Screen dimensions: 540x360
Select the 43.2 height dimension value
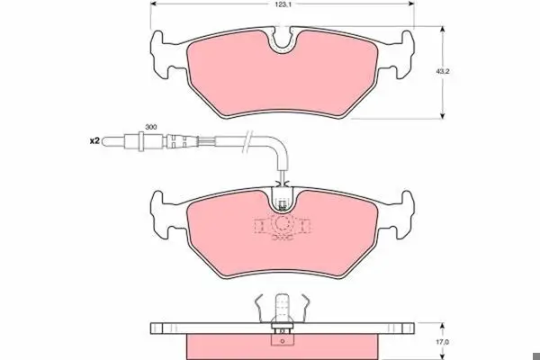click(x=443, y=72)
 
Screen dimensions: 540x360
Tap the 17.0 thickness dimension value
click(x=442, y=342)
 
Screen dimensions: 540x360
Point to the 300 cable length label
click(x=151, y=127)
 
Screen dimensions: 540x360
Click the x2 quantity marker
click(x=94, y=141)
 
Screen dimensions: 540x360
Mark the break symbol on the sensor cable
click(x=247, y=141)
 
